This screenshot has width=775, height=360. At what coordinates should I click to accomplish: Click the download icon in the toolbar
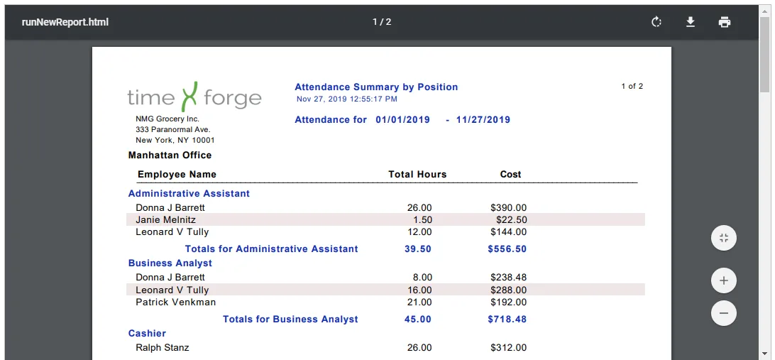click(x=691, y=22)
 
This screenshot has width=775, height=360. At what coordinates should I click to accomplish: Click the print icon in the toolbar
click(x=725, y=22)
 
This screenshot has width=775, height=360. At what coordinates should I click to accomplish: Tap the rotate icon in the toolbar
click(x=656, y=22)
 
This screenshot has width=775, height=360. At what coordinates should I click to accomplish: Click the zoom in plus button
click(x=724, y=281)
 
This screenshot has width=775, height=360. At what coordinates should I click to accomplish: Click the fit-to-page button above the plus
click(x=724, y=238)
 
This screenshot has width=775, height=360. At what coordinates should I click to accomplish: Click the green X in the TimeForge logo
click(x=189, y=97)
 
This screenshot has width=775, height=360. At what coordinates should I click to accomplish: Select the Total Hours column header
click(x=417, y=174)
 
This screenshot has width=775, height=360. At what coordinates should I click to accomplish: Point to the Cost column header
click(x=510, y=174)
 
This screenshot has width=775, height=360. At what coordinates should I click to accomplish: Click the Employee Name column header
click(x=177, y=174)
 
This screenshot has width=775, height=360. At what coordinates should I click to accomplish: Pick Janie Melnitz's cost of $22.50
click(x=512, y=219)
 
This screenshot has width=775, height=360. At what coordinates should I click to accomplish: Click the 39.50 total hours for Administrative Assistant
click(x=417, y=249)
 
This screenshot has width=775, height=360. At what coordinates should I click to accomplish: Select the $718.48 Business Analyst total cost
click(x=507, y=319)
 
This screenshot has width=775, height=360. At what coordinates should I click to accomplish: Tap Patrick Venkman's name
click(x=175, y=302)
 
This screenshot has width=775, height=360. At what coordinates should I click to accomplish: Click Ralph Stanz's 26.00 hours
click(x=419, y=348)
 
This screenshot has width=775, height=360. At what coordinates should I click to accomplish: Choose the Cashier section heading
click(x=147, y=333)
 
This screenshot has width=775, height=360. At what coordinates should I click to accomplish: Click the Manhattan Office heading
click(x=170, y=156)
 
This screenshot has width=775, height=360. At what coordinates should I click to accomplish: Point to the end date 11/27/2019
click(x=483, y=120)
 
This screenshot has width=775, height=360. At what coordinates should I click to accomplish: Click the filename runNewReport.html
click(x=65, y=22)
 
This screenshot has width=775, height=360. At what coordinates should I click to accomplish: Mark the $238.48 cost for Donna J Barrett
click(x=509, y=278)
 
